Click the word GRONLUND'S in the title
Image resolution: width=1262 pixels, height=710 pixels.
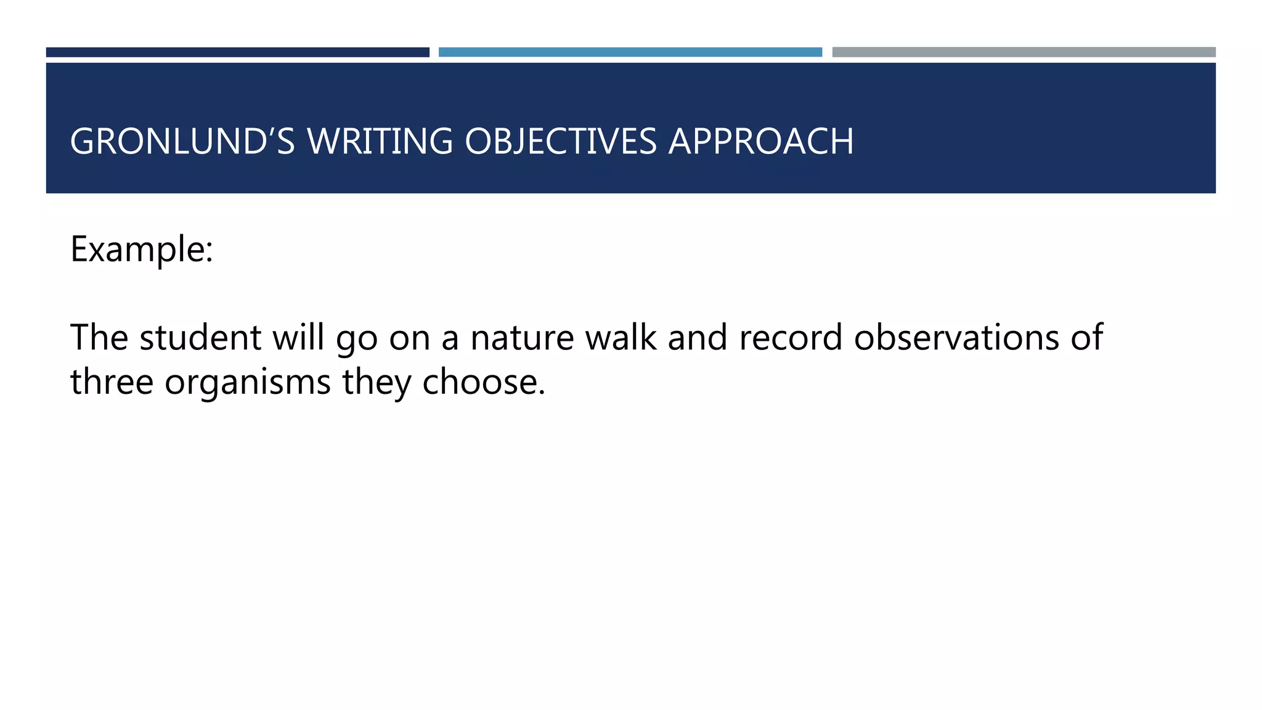click(x=182, y=141)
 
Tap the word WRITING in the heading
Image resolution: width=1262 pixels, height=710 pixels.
click(x=380, y=141)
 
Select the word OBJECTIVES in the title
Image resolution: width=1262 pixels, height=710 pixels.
click(x=561, y=141)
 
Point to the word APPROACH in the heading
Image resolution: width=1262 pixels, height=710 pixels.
click(x=761, y=141)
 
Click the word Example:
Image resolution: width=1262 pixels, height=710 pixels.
click(x=142, y=250)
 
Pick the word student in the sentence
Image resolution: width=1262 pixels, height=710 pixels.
click(x=200, y=338)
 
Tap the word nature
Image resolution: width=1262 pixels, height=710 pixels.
click(x=522, y=338)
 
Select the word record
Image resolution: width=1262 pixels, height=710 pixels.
click(x=791, y=338)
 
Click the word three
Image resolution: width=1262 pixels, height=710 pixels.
click(x=112, y=382)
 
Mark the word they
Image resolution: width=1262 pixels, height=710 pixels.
click(x=377, y=383)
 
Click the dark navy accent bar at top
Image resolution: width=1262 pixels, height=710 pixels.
click(x=237, y=52)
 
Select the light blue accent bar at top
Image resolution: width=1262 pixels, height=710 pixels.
click(x=630, y=52)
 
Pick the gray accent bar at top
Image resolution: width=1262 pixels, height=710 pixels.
click(x=1024, y=52)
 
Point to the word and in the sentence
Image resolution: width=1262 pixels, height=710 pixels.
click(x=698, y=338)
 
